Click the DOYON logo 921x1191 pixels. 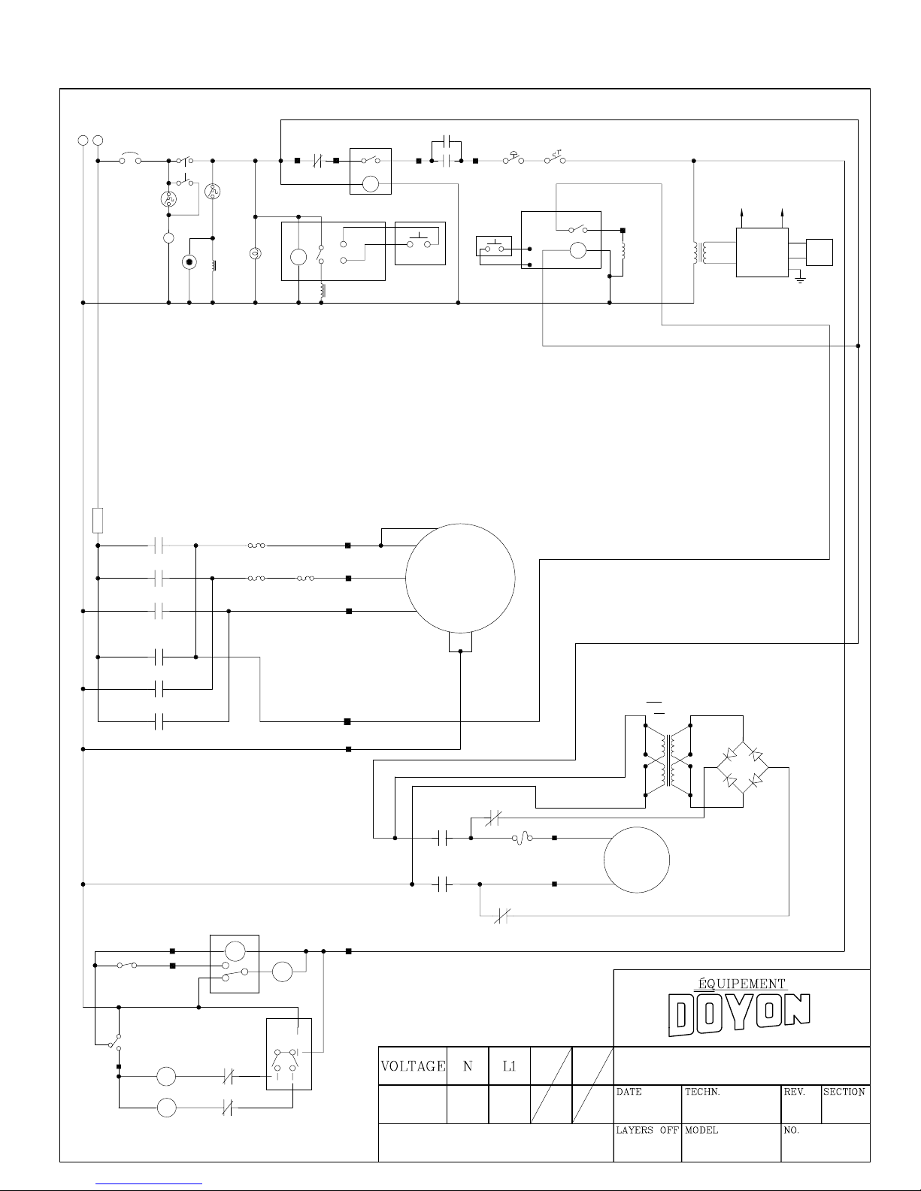click(x=739, y=1015)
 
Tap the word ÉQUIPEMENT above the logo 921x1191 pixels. click(x=738, y=984)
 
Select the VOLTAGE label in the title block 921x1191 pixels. click(x=412, y=1066)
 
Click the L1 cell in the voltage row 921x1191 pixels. click(x=509, y=1066)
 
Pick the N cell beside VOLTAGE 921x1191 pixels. click(x=468, y=1066)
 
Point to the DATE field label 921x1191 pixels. click(x=629, y=1093)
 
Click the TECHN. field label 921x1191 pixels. click(x=702, y=1093)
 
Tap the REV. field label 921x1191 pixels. click(x=795, y=1093)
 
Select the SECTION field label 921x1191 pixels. click(x=844, y=1092)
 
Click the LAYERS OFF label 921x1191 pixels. click(x=647, y=1130)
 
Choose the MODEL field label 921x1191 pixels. click(x=701, y=1130)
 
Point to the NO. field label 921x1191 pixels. click(x=792, y=1130)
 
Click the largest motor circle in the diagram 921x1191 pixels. click(x=460, y=578)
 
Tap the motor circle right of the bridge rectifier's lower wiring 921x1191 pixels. click(x=637, y=860)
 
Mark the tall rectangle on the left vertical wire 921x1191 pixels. click(x=98, y=520)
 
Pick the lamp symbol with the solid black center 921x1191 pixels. click(x=189, y=262)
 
